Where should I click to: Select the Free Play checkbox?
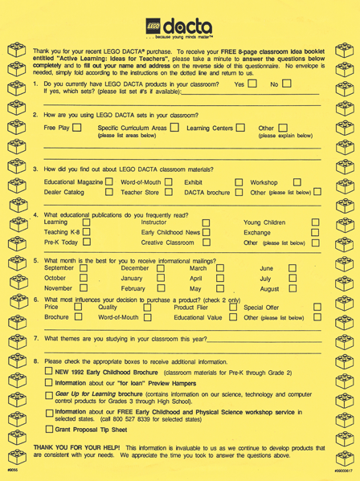pos(76,128)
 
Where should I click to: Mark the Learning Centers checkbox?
pos(239,128)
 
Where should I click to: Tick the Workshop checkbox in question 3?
pos(297,182)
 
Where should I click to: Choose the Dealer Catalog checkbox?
pos(94,193)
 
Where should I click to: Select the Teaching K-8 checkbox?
pos(86,232)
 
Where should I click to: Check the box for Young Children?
pos(315,222)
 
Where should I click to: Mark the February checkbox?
pos(161,288)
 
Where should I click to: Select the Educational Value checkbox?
pos(232,317)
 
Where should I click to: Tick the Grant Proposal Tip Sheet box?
pos(49,429)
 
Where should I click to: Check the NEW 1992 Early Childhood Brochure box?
pos(49,373)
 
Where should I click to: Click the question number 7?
pos(36,338)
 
